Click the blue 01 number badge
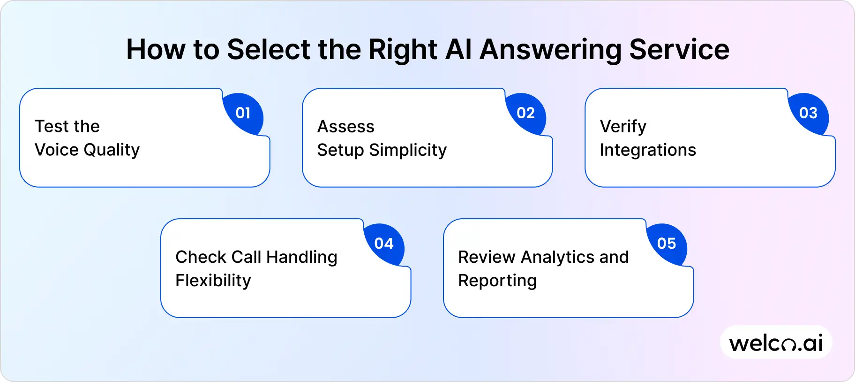[x=243, y=113]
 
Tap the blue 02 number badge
[x=525, y=113]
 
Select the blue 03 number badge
[x=808, y=113]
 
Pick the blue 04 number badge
[x=384, y=244]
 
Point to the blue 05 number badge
[x=667, y=244]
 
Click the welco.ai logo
[x=776, y=343]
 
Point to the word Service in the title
[x=679, y=50]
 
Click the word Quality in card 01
[x=112, y=150]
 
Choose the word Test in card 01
[x=52, y=126]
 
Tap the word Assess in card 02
[x=346, y=127]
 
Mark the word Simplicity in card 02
[x=408, y=150]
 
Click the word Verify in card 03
[x=623, y=127]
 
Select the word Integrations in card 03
[x=648, y=150]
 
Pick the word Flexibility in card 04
[x=213, y=281]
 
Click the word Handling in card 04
[x=301, y=257]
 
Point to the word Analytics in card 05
[x=557, y=257]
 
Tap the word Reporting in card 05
[x=497, y=281]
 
